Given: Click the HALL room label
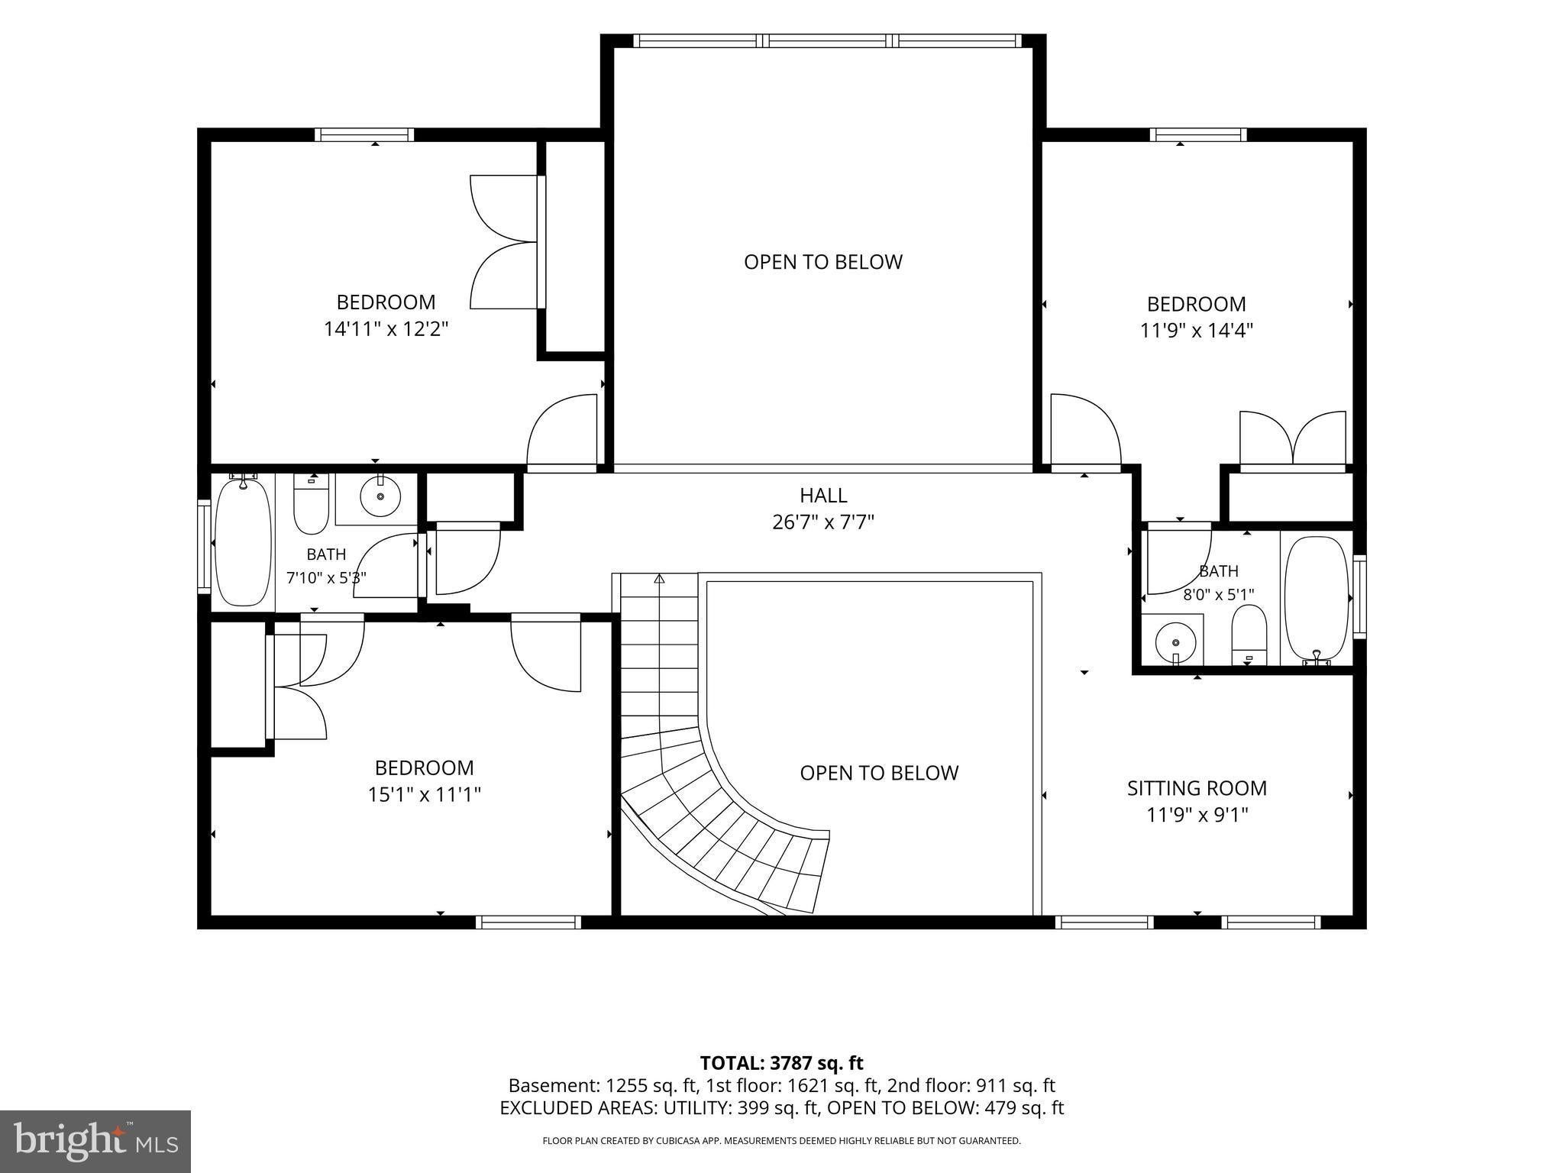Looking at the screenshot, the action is pos(823,496).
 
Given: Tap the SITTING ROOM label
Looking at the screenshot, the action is pos(1197,788).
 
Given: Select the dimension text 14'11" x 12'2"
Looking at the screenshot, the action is pos(386,329).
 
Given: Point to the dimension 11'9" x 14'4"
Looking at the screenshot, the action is pos(1197,331).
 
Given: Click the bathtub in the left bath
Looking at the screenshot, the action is pos(244,540).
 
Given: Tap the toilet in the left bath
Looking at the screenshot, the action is pos(311,504).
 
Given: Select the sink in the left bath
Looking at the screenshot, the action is pos(380,496).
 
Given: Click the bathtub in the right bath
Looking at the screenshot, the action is pos(1317,600).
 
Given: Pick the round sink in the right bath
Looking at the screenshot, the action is pos(1175,642).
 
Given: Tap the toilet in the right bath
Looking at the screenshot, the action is pos(1249,635).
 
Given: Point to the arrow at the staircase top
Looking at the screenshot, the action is pos(659,578).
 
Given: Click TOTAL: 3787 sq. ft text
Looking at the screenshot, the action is pos(781,1062).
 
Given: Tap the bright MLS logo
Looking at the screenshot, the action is pos(95,1141).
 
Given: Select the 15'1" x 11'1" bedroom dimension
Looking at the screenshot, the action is pos(424,795).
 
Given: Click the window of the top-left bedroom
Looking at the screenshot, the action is pos(364,135).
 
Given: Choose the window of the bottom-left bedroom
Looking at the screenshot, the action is pos(528,923).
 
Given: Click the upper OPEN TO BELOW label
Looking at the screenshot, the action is pos(823,262).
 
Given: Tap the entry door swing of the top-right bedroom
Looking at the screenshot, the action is pos(1085,430).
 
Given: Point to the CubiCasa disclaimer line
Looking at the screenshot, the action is pos(781,1141).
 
